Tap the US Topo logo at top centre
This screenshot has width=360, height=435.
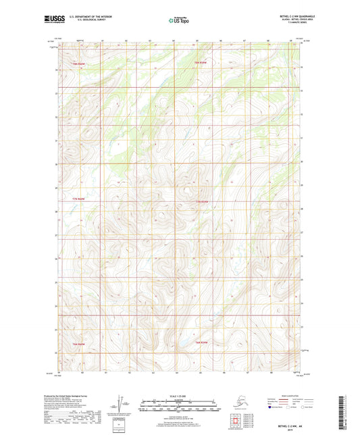(179, 20)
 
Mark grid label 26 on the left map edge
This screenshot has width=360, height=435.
(56, 258)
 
